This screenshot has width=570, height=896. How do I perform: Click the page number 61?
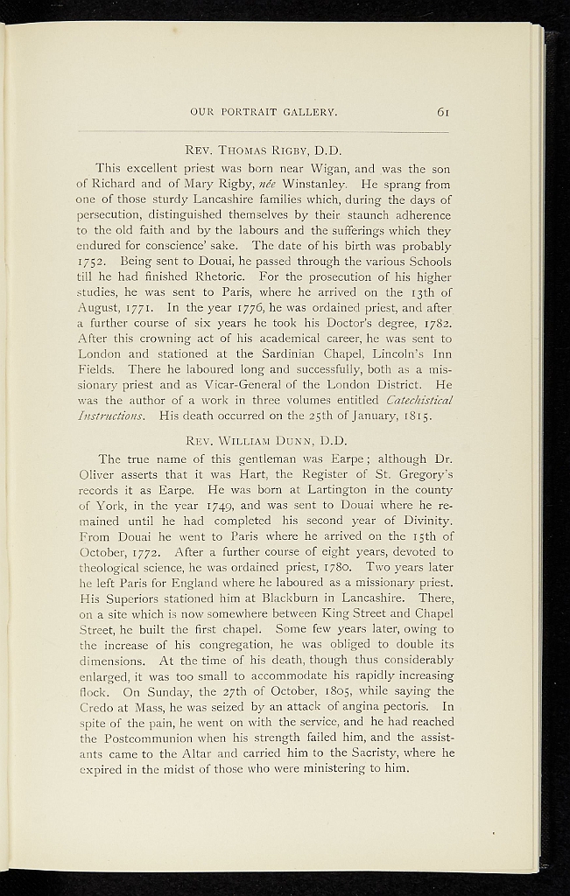pyautogui.click(x=444, y=111)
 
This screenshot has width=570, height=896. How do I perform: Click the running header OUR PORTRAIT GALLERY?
pyautogui.click(x=264, y=112)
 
